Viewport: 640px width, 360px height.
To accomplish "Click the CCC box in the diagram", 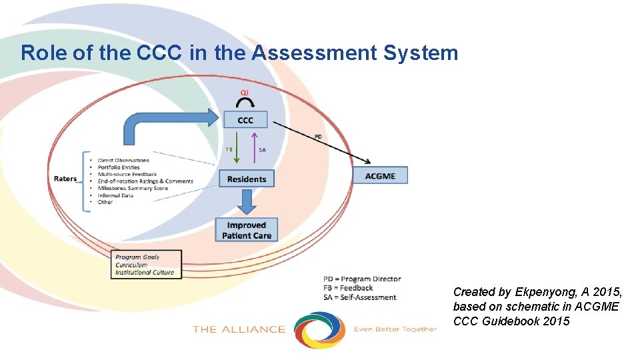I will click(245, 120).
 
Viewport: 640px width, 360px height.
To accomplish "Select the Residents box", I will click(246, 179).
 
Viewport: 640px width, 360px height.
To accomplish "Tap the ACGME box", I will click(380, 175).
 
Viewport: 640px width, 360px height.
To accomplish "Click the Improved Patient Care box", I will click(246, 230).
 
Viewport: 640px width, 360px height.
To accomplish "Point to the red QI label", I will click(245, 92).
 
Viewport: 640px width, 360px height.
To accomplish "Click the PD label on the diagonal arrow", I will click(318, 137).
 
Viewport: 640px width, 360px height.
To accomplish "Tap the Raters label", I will click(65, 179).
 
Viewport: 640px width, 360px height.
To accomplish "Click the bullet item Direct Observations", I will click(123, 160).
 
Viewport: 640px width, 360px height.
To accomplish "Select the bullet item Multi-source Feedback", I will click(127, 174).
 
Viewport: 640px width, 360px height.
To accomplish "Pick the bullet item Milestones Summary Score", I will click(133, 188).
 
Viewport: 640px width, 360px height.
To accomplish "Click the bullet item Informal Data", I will click(115, 195).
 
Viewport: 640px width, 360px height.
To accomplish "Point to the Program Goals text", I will click(137, 257).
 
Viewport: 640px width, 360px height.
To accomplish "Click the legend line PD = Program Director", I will click(362, 279).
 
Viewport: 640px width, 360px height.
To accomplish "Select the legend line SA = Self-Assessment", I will click(360, 297).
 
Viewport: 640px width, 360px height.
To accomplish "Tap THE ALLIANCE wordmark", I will click(239, 329).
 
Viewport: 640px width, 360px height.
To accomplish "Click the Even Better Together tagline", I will click(395, 329).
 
